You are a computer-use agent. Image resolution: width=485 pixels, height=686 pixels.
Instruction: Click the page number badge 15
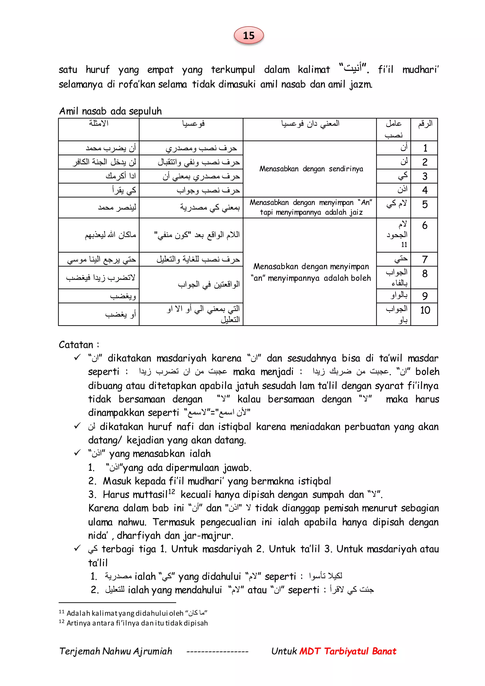point(248,36)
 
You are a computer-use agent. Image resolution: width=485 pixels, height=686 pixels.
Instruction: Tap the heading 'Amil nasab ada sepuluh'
point(110,111)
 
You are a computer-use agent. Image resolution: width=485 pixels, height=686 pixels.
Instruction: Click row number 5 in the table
point(425,204)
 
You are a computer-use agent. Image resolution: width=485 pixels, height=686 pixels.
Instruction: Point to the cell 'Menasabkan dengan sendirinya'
point(311,169)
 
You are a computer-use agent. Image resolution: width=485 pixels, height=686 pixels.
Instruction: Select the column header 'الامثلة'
point(99,123)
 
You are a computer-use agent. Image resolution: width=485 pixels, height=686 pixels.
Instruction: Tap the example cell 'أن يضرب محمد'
point(111,148)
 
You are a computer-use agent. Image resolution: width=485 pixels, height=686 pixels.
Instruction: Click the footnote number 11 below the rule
point(62,612)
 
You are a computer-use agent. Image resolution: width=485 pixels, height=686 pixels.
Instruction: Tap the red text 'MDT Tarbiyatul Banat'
point(348,651)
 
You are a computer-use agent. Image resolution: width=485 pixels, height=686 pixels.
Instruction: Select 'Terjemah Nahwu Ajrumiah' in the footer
point(116,651)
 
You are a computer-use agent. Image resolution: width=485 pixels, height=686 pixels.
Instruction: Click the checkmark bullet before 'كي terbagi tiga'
point(77,549)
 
